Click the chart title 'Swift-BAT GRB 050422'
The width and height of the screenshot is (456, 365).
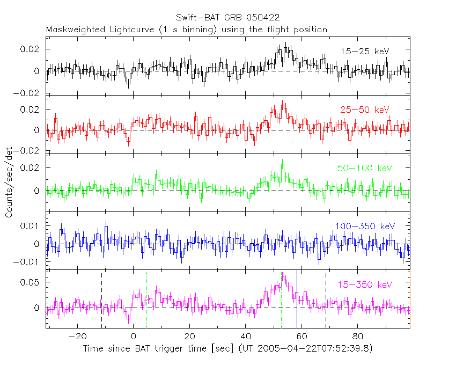[227, 18]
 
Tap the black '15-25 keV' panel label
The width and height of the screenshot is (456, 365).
[365, 51]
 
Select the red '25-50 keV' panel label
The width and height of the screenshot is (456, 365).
[364, 110]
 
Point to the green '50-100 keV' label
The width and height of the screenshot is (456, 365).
[365, 168]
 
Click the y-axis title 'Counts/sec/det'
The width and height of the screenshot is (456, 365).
[9, 183]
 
